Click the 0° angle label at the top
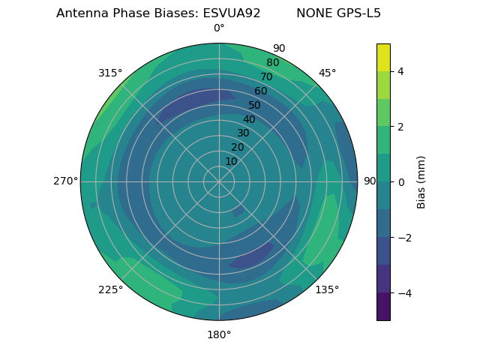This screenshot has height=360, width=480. click(219, 28)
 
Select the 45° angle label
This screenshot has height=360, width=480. click(327, 73)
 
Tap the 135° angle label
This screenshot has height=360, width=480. click(327, 289)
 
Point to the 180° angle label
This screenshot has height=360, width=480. click(219, 334)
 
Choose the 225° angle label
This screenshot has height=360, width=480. click(110, 289)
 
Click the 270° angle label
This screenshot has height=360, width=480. click(65, 181)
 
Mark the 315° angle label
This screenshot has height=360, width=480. click(110, 73)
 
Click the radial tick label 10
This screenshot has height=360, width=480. click(231, 161)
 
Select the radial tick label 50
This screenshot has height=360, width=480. click(255, 105)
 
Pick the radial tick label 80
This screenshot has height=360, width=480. click(272, 63)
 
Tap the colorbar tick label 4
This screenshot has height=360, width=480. click(400, 71)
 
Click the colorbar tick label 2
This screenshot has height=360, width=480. click(400, 127)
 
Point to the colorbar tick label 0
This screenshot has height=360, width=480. click(400, 182)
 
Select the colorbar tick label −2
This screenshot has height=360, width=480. click(403, 238)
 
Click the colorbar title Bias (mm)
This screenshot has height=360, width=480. click(421, 182)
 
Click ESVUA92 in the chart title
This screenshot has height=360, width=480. click(232, 13)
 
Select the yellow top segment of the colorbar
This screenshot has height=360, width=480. click(383, 57)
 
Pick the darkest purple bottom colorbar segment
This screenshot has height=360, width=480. click(383, 307)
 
